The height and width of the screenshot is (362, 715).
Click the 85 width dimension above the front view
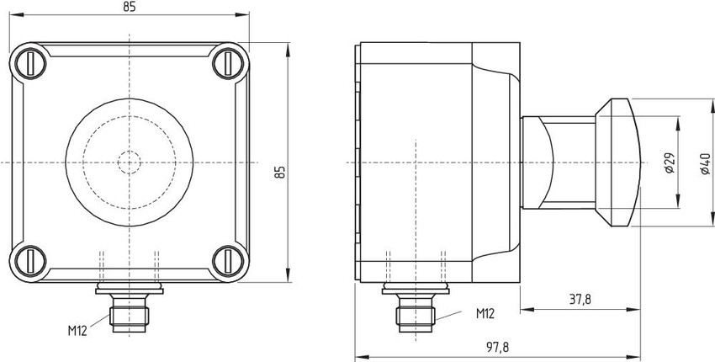click(x=130, y=7)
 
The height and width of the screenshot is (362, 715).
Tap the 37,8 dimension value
click(x=580, y=300)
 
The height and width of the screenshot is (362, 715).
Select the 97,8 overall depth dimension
click(x=497, y=348)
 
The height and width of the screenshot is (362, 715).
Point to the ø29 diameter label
click(x=670, y=162)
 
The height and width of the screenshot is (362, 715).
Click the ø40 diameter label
click(x=705, y=163)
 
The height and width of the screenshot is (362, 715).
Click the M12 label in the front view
click(x=77, y=331)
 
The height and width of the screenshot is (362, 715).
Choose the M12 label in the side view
click(x=485, y=314)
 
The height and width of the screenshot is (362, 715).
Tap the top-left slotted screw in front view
click(x=30, y=63)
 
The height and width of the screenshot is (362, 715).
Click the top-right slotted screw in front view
click(x=229, y=63)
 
